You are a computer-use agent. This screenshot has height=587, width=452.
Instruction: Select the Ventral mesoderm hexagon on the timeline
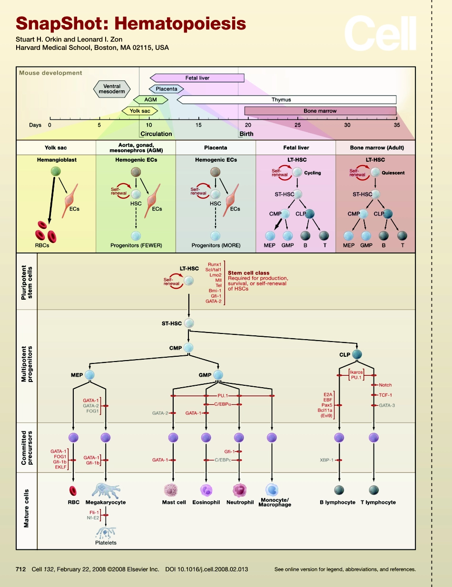[x=112, y=89]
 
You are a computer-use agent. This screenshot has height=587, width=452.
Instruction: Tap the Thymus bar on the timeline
[x=286, y=99]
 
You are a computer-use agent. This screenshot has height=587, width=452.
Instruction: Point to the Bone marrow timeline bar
[x=320, y=111]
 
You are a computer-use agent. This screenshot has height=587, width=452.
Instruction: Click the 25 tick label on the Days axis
[x=297, y=125]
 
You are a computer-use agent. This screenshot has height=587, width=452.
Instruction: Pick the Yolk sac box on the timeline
[x=139, y=111]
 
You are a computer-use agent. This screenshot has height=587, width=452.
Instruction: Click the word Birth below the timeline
[x=246, y=134]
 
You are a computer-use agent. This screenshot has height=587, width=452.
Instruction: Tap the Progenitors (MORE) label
[x=216, y=245]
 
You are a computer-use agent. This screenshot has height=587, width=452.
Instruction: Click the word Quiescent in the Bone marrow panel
[x=393, y=173]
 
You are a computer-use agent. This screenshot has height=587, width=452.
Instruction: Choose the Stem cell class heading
[x=248, y=273]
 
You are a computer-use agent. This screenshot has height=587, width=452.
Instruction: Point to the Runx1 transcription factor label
[x=215, y=264]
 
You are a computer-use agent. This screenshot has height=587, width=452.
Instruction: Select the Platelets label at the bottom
[x=105, y=542]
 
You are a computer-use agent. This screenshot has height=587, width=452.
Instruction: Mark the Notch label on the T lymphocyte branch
[x=385, y=385]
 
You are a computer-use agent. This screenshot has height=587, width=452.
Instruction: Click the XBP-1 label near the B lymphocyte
[x=326, y=460]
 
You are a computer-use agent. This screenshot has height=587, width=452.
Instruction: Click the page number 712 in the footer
[x=20, y=569]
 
